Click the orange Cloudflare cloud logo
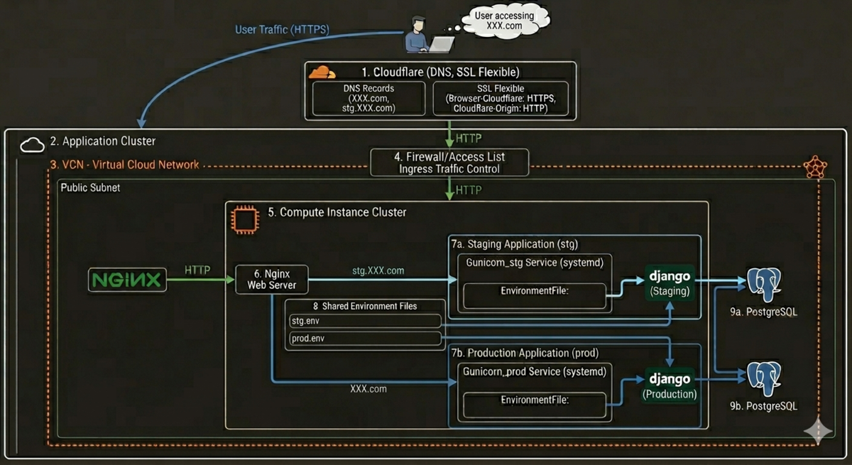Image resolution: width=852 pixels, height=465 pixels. (x=322, y=72)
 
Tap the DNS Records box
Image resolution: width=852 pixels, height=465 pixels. (x=368, y=99)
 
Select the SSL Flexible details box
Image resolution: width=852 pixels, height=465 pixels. (x=501, y=99)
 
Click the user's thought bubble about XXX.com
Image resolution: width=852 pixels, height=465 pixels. (x=505, y=21)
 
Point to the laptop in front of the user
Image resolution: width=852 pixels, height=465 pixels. (x=442, y=45)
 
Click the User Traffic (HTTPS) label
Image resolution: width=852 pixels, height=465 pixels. (x=282, y=29)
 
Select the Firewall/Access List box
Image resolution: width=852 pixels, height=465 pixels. (x=449, y=163)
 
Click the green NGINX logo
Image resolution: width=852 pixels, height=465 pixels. (x=127, y=280)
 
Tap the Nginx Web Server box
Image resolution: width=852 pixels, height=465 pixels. (x=271, y=280)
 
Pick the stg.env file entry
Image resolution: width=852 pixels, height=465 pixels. (x=365, y=321)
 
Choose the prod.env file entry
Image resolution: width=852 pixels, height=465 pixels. (x=365, y=338)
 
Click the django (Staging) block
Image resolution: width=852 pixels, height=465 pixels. (x=670, y=283)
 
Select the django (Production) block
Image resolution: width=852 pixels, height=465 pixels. (x=670, y=385)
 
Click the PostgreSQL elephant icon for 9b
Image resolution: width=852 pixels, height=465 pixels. (x=764, y=379)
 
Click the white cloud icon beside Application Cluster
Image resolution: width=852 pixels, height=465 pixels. (x=32, y=145)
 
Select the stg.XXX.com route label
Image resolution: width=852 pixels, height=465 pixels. (x=378, y=270)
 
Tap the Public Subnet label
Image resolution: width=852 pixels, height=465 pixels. (x=90, y=188)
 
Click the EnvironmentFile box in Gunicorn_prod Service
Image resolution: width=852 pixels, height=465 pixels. (x=535, y=405)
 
